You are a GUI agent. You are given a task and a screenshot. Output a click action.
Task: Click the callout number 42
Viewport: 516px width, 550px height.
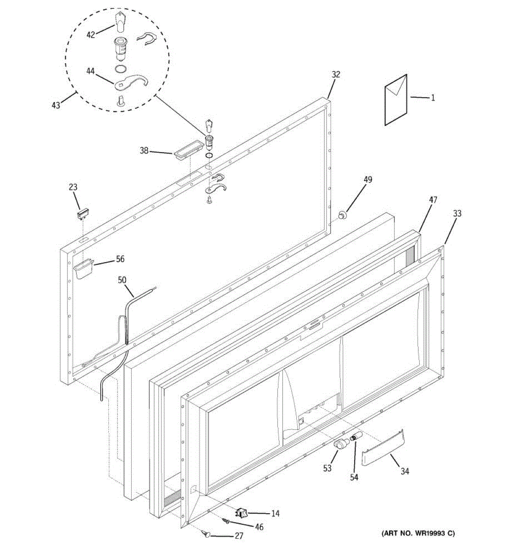pos(90,34)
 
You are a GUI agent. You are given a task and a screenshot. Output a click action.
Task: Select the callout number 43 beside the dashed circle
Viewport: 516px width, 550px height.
pos(55,105)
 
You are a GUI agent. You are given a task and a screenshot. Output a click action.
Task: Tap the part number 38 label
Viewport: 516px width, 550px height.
pos(144,150)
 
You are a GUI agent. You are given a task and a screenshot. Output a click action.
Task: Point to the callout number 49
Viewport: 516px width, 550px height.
pos(368,180)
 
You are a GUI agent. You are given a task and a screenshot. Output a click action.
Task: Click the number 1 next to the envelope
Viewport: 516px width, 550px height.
pos(433,98)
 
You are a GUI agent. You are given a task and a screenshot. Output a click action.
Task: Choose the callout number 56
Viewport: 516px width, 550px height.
pos(120,259)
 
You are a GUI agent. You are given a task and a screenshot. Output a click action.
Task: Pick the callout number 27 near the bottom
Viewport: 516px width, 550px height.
pos(239,536)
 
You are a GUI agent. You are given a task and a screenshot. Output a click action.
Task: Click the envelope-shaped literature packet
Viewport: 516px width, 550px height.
pos(395,99)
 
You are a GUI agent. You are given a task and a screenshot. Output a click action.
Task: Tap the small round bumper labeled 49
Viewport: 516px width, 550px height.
pos(342,214)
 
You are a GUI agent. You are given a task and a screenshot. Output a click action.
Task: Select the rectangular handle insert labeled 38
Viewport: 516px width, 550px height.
pos(188,151)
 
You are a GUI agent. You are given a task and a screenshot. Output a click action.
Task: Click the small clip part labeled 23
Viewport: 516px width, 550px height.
pos(83,213)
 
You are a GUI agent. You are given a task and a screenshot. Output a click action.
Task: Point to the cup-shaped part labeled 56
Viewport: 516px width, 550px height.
pos(83,269)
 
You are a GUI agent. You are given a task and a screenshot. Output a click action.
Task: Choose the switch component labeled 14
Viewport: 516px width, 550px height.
pos(242,513)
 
